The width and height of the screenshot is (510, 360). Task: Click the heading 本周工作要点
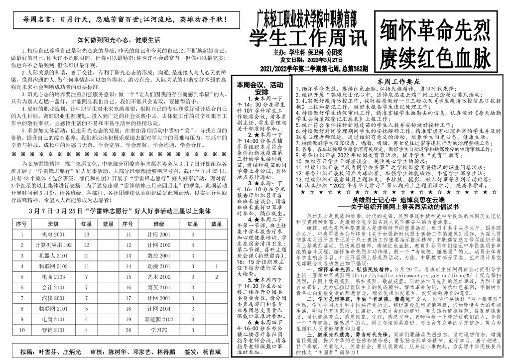(x=399, y=82)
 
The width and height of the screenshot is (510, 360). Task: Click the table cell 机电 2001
(x=53, y=234)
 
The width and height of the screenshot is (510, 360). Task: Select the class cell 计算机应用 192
(x=53, y=245)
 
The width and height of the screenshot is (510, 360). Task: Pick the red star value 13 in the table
(x=86, y=234)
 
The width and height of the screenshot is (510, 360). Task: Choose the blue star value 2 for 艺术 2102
(x=216, y=277)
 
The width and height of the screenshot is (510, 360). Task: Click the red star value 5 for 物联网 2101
(x=86, y=308)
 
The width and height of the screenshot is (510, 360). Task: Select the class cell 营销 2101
(x=53, y=330)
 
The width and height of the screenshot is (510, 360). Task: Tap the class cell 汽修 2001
(x=53, y=298)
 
